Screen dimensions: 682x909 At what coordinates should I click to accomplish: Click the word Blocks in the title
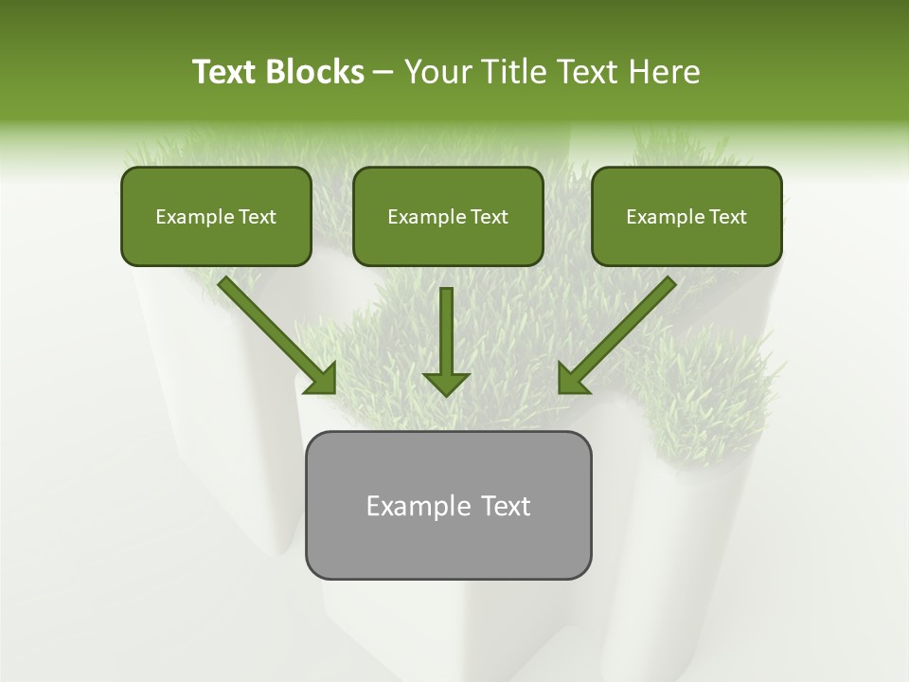314,72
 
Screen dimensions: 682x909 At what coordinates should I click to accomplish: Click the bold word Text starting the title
225,72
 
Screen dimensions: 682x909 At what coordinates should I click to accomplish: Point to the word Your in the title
437,72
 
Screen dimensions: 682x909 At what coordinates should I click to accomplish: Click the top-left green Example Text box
216,217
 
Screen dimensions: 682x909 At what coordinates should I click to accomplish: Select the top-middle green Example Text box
448,217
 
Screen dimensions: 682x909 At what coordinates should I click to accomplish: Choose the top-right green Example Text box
686,217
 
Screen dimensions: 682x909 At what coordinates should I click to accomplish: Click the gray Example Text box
448,505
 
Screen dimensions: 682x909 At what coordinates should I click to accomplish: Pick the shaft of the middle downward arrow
446,327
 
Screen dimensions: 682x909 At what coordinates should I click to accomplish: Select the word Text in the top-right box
728,217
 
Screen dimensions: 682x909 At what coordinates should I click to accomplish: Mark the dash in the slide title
384,73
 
